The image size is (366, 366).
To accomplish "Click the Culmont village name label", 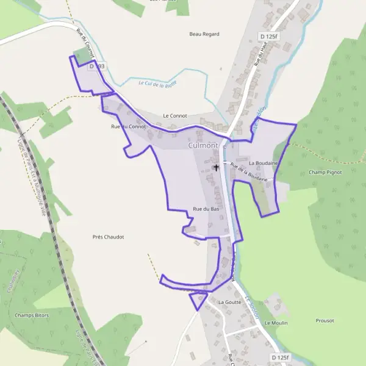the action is [x=204, y=146].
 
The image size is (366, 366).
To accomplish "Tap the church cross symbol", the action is [x=216, y=167].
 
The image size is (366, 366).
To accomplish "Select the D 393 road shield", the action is [x=98, y=65].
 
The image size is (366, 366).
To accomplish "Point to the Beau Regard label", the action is [x=204, y=34].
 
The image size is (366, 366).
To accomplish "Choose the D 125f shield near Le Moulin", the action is [x=280, y=357].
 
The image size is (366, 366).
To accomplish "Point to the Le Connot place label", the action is [x=175, y=115].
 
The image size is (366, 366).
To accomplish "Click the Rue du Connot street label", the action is [x=128, y=126].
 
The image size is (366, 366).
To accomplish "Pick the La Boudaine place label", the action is [x=264, y=163].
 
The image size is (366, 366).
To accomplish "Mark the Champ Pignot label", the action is [x=325, y=172].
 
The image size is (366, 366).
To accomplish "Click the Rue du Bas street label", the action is [x=206, y=209].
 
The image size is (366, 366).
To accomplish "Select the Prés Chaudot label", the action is [x=108, y=237].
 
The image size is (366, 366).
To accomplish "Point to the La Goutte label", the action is [x=229, y=302].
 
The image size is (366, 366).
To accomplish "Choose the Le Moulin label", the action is [x=276, y=323].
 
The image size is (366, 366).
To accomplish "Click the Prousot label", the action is [x=325, y=320].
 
